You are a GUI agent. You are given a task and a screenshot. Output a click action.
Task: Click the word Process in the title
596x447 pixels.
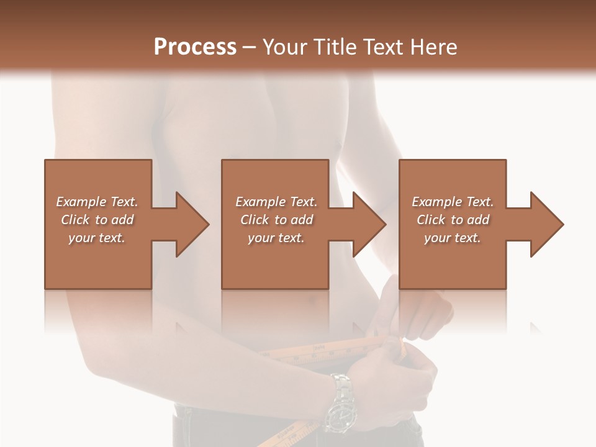(x=195, y=47)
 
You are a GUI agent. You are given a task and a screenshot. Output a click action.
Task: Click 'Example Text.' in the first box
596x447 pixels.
(x=97, y=202)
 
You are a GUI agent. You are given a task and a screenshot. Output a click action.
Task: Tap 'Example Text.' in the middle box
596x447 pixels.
(x=276, y=202)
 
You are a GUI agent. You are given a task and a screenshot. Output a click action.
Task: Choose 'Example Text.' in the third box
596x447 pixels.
(x=453, y=202)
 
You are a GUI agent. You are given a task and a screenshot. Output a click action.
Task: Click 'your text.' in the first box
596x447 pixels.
(x=97, y=238)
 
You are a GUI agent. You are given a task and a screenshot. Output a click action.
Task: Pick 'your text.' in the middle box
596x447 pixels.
(x=276, y=238)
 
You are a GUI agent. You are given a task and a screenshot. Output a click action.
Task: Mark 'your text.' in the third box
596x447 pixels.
(x=453, y=238)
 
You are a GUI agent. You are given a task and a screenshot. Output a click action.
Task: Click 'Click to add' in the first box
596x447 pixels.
(x=97, y=220)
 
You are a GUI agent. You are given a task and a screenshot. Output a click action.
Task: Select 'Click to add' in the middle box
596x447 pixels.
(x=276, y=220)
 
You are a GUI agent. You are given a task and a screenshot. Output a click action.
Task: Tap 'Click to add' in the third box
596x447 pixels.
(x=453, y=220)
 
